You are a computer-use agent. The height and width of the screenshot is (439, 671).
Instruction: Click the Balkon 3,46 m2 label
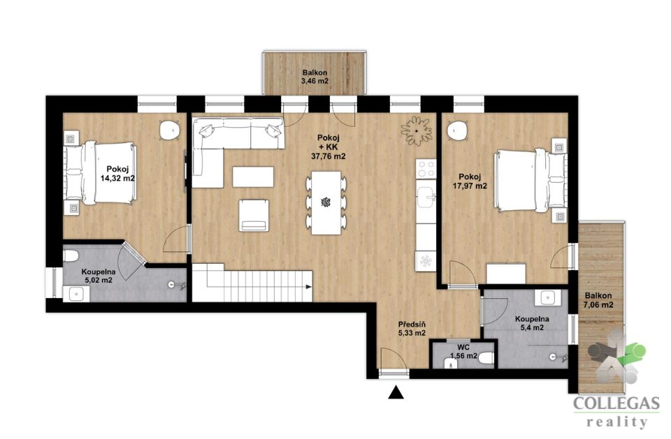point(315,77)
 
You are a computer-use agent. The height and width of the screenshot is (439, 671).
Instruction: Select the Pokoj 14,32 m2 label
point(117,174)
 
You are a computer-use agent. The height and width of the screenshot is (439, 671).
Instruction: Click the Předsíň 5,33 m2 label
point(412,329)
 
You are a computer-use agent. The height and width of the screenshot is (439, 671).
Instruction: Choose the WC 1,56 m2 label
point(463,352)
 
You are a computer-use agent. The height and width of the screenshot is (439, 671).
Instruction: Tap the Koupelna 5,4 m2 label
point(532,323)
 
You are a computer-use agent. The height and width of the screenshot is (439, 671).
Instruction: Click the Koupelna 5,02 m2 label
point(99,276)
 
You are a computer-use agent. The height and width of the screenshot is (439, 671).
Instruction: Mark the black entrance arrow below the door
point(396,392)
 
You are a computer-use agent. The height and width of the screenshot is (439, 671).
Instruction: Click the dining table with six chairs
point(326,202)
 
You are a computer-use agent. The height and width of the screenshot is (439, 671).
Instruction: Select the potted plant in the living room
point(416,131)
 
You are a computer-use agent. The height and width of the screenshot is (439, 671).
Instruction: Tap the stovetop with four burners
point(426,168)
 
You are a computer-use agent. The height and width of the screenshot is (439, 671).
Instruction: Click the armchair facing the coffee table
point(254,215)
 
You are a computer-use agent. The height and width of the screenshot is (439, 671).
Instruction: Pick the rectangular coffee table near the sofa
point(253,177)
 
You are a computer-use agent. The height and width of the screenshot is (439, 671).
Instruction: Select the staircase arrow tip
point(311,287)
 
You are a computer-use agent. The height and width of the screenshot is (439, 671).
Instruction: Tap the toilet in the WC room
point(486,358)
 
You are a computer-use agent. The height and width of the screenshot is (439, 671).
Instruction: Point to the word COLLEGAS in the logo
point(616,404)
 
